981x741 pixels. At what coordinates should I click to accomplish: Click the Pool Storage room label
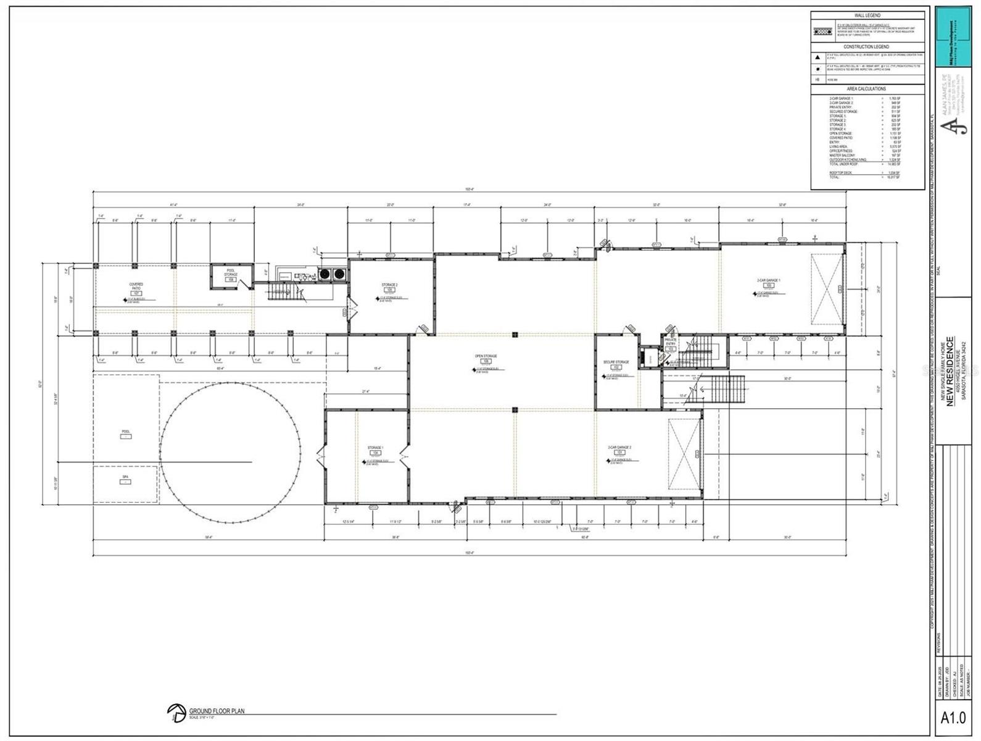point(231,272)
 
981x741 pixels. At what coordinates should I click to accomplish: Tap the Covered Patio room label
point(136,287)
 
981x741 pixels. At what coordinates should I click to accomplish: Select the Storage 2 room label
point(389,285)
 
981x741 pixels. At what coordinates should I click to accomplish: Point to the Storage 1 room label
point(375,448)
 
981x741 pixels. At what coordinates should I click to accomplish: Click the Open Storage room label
point(486,356)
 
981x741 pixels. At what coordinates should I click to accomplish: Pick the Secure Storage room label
point(616,362)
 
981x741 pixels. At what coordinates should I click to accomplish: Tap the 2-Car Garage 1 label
point(769,281)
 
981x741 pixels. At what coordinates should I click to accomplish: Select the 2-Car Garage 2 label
point(619,447)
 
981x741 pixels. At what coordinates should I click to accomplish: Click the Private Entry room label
point(671,341)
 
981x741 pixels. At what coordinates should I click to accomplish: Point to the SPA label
point(125,477)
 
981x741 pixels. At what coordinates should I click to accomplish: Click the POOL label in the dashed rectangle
point(126,432)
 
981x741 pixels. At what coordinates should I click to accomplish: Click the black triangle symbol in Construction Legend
point(818,57)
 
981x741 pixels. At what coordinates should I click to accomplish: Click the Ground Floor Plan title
point(217,711)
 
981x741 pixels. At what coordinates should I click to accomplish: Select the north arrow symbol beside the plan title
point(176,713)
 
